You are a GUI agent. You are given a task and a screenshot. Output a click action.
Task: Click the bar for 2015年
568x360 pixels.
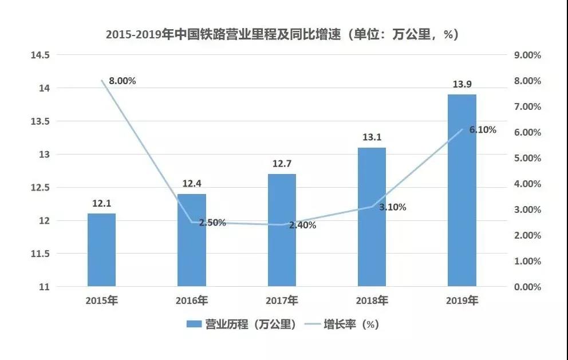click(101, 250)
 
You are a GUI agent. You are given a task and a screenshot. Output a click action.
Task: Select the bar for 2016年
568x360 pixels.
click(191, 240)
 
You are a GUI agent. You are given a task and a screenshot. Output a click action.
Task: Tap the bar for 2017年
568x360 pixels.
click(282, 230)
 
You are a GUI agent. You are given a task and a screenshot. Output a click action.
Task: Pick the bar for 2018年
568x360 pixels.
click(372, 217)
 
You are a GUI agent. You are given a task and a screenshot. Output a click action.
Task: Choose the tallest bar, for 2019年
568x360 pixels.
click(462, 190)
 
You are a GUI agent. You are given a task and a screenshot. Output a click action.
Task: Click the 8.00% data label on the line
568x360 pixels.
click(122, 81)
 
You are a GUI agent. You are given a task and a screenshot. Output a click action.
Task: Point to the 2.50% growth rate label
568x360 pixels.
click(212, 223)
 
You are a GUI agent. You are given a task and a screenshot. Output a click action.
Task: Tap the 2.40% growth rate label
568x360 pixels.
click(302, 225)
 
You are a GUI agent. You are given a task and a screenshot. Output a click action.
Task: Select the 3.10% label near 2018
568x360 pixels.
click(392, 207)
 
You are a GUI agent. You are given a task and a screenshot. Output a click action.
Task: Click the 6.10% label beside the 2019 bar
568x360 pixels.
click(483, 130)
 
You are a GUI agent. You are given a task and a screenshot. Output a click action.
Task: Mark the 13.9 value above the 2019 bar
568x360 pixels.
click(462, 85)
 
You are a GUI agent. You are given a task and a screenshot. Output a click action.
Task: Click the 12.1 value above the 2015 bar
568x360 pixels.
click(101, 204)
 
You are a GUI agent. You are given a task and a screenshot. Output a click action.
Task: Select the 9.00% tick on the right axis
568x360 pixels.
click(527, 55)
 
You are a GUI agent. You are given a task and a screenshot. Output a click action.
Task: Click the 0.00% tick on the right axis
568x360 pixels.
click(527, 287)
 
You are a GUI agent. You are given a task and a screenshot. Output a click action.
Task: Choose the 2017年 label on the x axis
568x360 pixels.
click(282, 300)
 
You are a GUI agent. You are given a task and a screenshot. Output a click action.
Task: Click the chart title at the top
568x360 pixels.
click(282, 34)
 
